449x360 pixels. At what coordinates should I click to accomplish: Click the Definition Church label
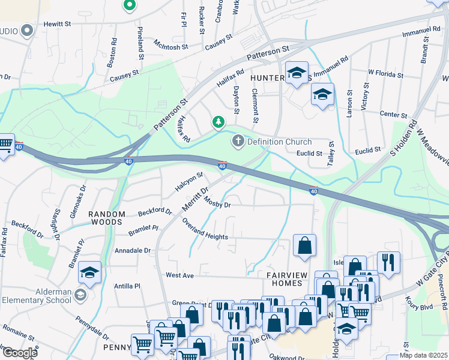[x=280, y=142]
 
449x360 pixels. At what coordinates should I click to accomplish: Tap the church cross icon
[x=238, y=142]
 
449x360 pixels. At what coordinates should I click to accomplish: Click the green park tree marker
[x=218, y=122]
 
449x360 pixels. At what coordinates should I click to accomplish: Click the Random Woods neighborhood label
[x=107, y=218]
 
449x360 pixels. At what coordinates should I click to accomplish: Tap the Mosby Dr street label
[x=218, y=204]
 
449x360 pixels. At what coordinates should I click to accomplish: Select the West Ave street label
[x=180, y=275]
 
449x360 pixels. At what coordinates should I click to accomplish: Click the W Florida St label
[x=385, y=73]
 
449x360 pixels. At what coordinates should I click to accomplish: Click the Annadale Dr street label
[x=133, y=250]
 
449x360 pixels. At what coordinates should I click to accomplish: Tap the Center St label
[x=394, y=114]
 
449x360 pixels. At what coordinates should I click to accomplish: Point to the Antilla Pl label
[x=127, y=287]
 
